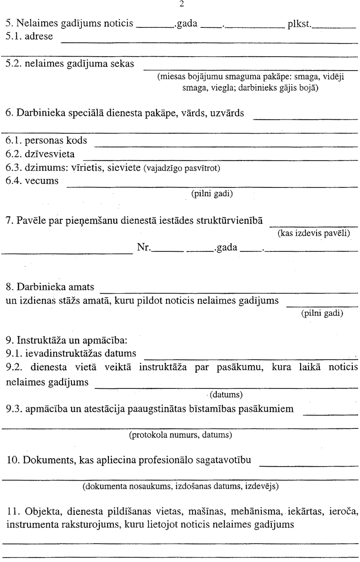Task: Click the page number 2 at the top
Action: coord(181,5)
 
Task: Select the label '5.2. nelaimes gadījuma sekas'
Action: coord(70,63)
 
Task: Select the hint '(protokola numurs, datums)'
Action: coord(180,435)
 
